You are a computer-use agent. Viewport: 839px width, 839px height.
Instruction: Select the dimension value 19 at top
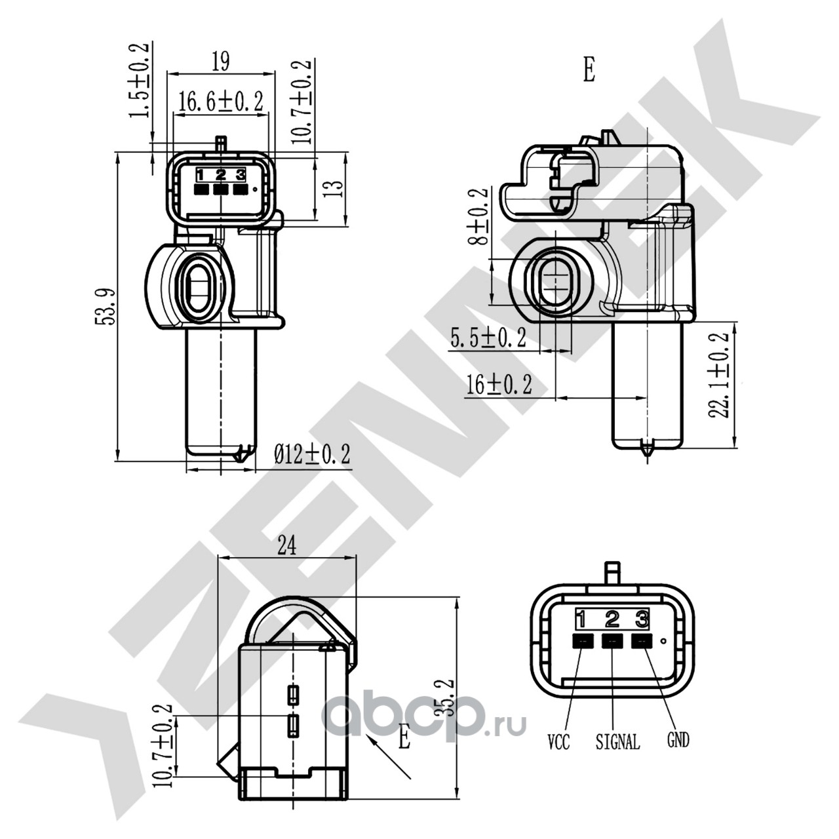tap(221, 61)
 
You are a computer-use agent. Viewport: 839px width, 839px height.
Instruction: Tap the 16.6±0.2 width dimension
tap(221, 102)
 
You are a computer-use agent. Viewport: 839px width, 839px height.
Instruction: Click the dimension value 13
tap(334, 189)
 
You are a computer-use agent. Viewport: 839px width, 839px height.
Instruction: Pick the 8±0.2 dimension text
tap(480, 216)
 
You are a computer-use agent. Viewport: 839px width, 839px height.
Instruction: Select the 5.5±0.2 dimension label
tap(488, 338)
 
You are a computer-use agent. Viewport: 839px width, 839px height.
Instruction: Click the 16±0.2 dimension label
tap(499, 384)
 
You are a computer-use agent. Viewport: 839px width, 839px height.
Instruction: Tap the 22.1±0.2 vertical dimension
tap(718, 376)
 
